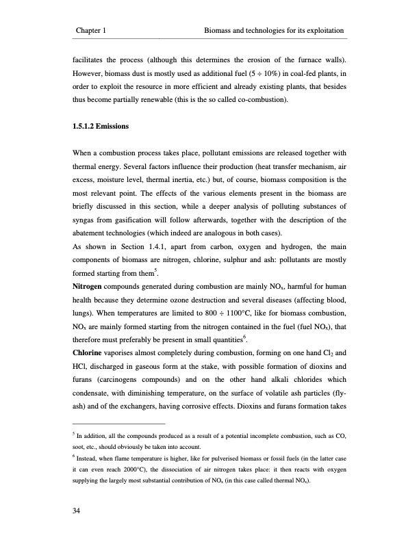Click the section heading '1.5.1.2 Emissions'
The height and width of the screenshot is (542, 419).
pos(101,127)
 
